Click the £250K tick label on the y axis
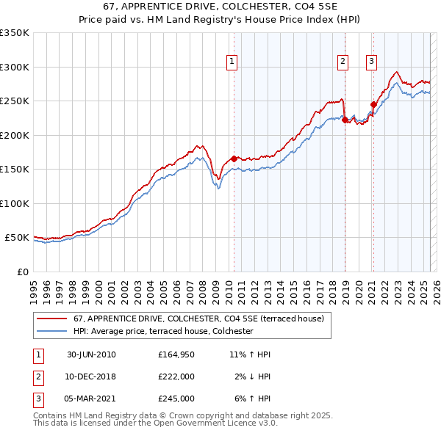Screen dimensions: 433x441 [15, 101]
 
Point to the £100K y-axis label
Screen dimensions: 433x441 [15, 203]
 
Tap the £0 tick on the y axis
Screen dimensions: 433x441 [24, 272]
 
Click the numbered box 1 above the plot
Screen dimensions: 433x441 [232, 62]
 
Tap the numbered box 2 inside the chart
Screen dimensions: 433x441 [343, 62]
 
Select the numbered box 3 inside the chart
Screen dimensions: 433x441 [372, 62]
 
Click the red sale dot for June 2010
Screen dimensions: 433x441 [234, 159]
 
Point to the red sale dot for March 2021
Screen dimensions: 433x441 [373, 104]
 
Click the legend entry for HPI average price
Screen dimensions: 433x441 [162, 332]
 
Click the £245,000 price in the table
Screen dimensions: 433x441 [176, 399]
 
